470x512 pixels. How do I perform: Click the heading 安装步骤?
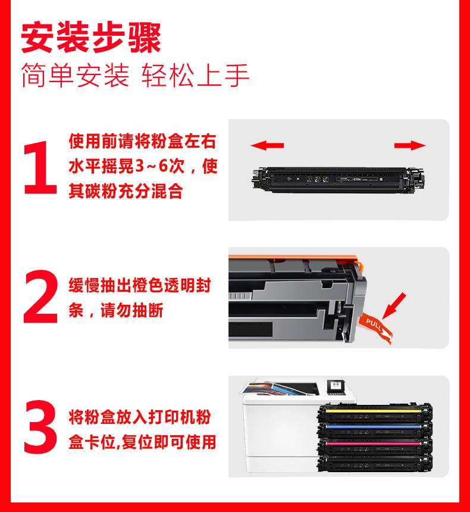[x=91, y=38]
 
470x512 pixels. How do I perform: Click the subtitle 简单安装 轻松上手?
[x=136, y=75]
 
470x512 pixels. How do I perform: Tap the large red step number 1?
[x=40, y=167]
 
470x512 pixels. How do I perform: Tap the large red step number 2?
[x=40, y=296]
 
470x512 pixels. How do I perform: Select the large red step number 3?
[x=40, y=426]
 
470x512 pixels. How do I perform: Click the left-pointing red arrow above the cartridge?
[x=267, y=145]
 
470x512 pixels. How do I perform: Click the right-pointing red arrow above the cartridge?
[x=410, y=145]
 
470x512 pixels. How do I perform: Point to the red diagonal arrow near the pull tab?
[x=394, y=305]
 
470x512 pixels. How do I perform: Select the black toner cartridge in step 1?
[x=338, y=179]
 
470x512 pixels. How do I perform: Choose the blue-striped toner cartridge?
[x=375, y=429]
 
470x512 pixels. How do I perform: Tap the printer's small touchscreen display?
[x=335, y=386]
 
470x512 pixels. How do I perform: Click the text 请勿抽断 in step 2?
[x=131, y=310]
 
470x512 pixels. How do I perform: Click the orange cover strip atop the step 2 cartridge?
[x=294, y=258]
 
